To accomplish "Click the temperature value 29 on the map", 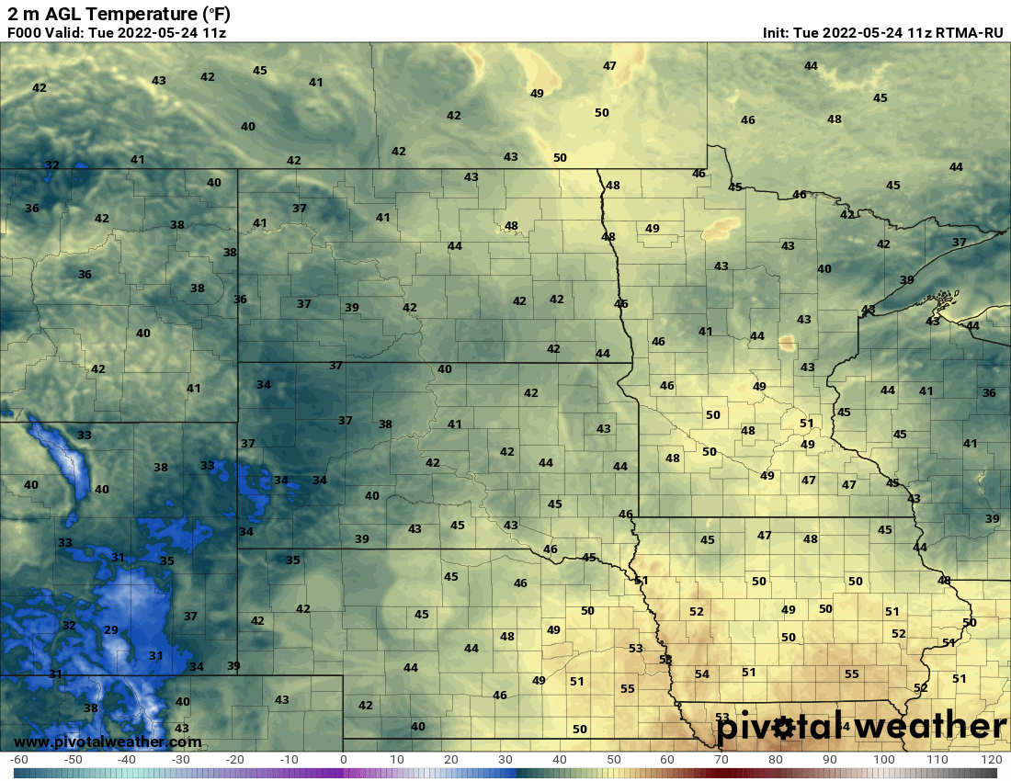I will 111,629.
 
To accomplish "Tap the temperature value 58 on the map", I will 665,660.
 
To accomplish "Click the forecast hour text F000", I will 26,33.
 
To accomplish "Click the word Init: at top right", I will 781,33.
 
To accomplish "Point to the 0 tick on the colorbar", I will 344,760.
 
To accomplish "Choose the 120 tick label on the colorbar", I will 991,760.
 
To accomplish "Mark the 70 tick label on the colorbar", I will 721,760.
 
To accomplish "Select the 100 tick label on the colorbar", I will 883,760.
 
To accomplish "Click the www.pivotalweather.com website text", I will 108,741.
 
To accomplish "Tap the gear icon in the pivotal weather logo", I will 782,729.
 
